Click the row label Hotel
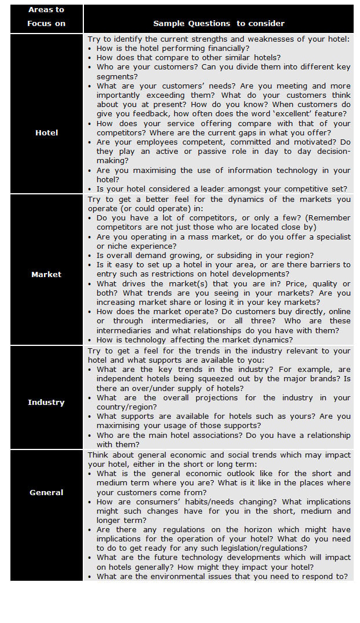tap(46, 132)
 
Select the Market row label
tap(46, 274)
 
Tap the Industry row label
tap(46, 402)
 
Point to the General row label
tap(46, 492)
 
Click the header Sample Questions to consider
tap(219, 24)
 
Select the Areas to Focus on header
tap(46, 17)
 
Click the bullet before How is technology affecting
tap(90, 340)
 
